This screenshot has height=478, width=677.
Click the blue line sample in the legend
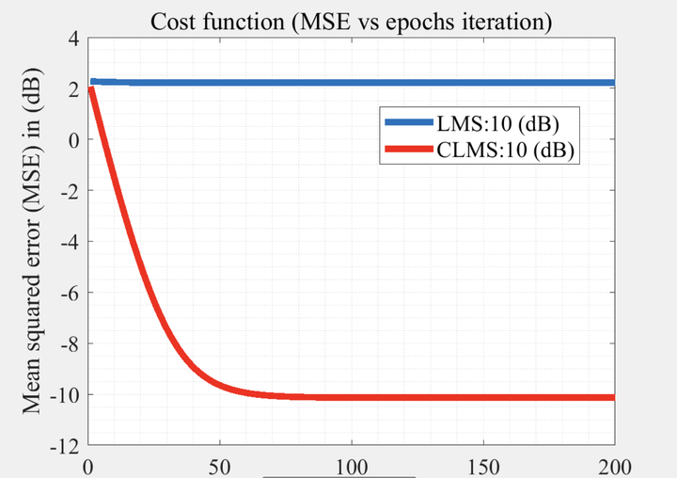(x=406, y=122)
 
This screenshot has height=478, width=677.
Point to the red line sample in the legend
(x=406, y=149)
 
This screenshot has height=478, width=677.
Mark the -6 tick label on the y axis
(x=69, y=293)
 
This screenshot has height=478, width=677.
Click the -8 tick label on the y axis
(x=69, y=344)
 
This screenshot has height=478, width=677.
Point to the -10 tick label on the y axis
(x=64, y=395)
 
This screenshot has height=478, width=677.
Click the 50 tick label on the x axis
(x=220, y=465)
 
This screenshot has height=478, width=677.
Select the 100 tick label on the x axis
(x=352, y=465)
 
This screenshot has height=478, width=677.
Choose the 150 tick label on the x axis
(x=483, y=465)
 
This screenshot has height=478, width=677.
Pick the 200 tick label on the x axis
(x=614, y=465)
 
